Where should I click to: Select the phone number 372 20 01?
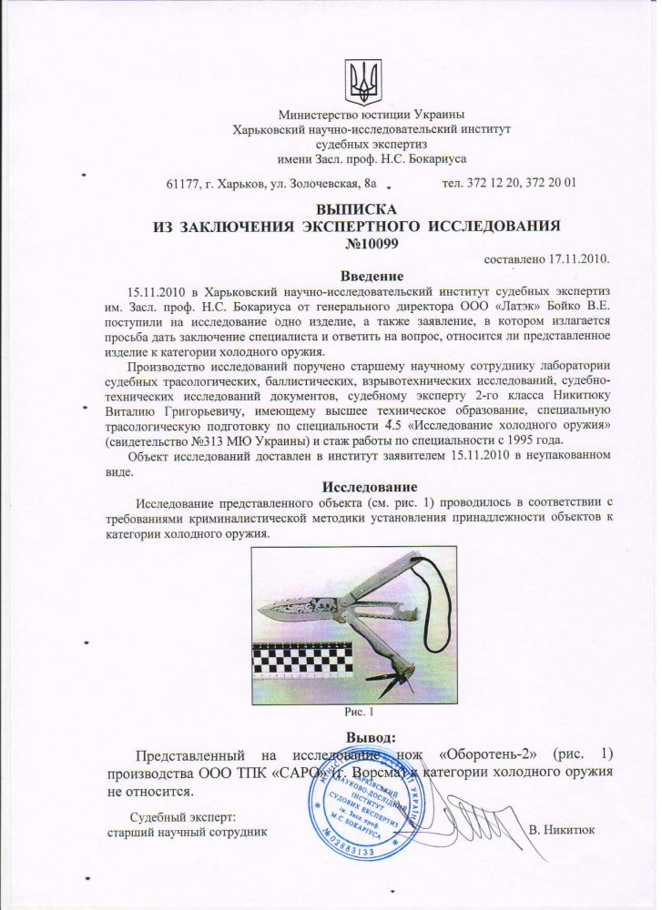[549, 184]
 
